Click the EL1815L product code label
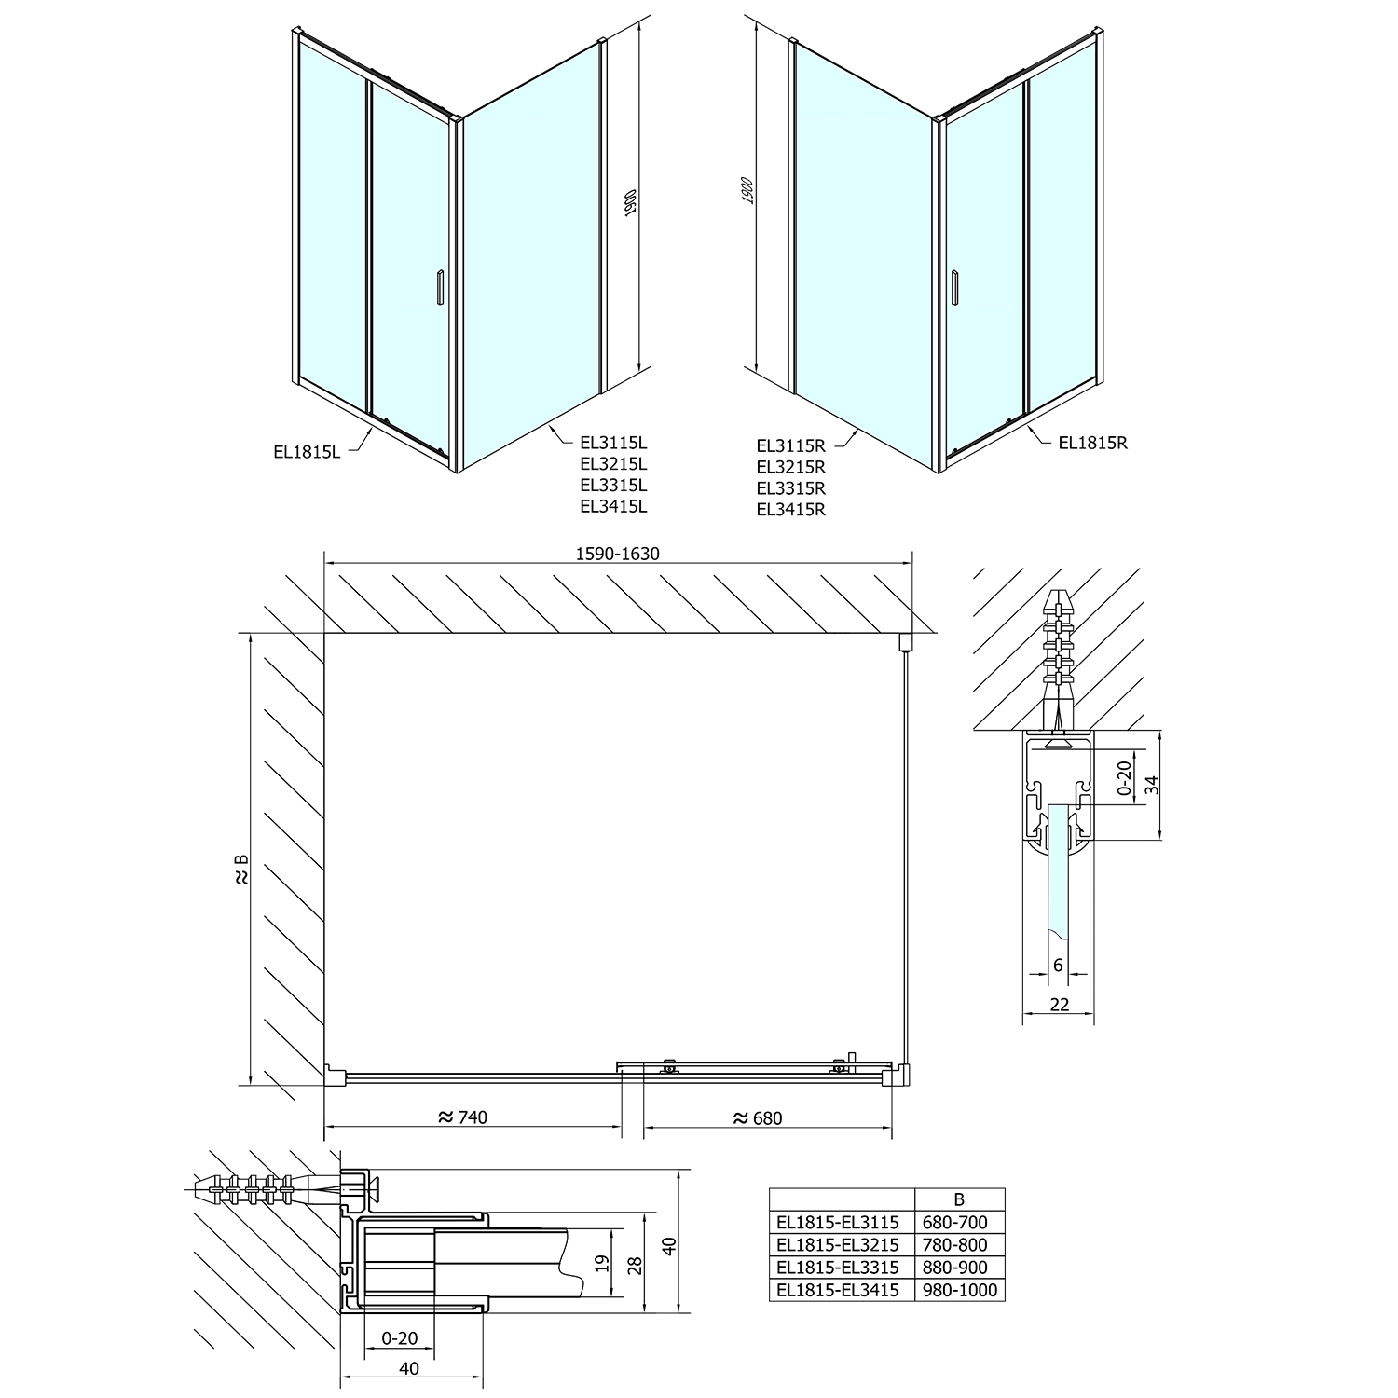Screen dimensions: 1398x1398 pyautogui.click(x=307, y=452)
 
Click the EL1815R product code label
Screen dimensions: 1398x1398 pyautogui.click(x=1092, y=443)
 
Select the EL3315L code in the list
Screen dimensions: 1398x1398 pyautogui.click(x=613, y=485)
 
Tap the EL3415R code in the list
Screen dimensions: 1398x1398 pyautogui.click(x=790, y=509)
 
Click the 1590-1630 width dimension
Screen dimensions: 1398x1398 pyautogui.click(x=617, y=554)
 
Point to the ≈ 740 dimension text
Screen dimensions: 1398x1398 pyautogui.click(x=462, y=1117)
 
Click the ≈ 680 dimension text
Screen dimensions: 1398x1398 pyautogui.click(x=758, y=1117)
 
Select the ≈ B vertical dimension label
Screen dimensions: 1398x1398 pyautogui.click(x=241, y=870)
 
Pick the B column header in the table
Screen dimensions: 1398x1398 pyautogui.click(x=959, y=1199)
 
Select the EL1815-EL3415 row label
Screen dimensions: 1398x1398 pyautogui.click(x=837, y=1290)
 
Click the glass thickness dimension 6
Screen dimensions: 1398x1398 pyautogui.click(x=1058, y=965)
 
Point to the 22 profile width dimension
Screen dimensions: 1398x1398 pyautogui.click(x=1058, y=1004)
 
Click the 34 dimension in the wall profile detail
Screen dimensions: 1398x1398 pyautogui.click(x=1152, y=784)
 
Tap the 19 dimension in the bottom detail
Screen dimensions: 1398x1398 pyautogui.click(x=602, y=1263)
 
